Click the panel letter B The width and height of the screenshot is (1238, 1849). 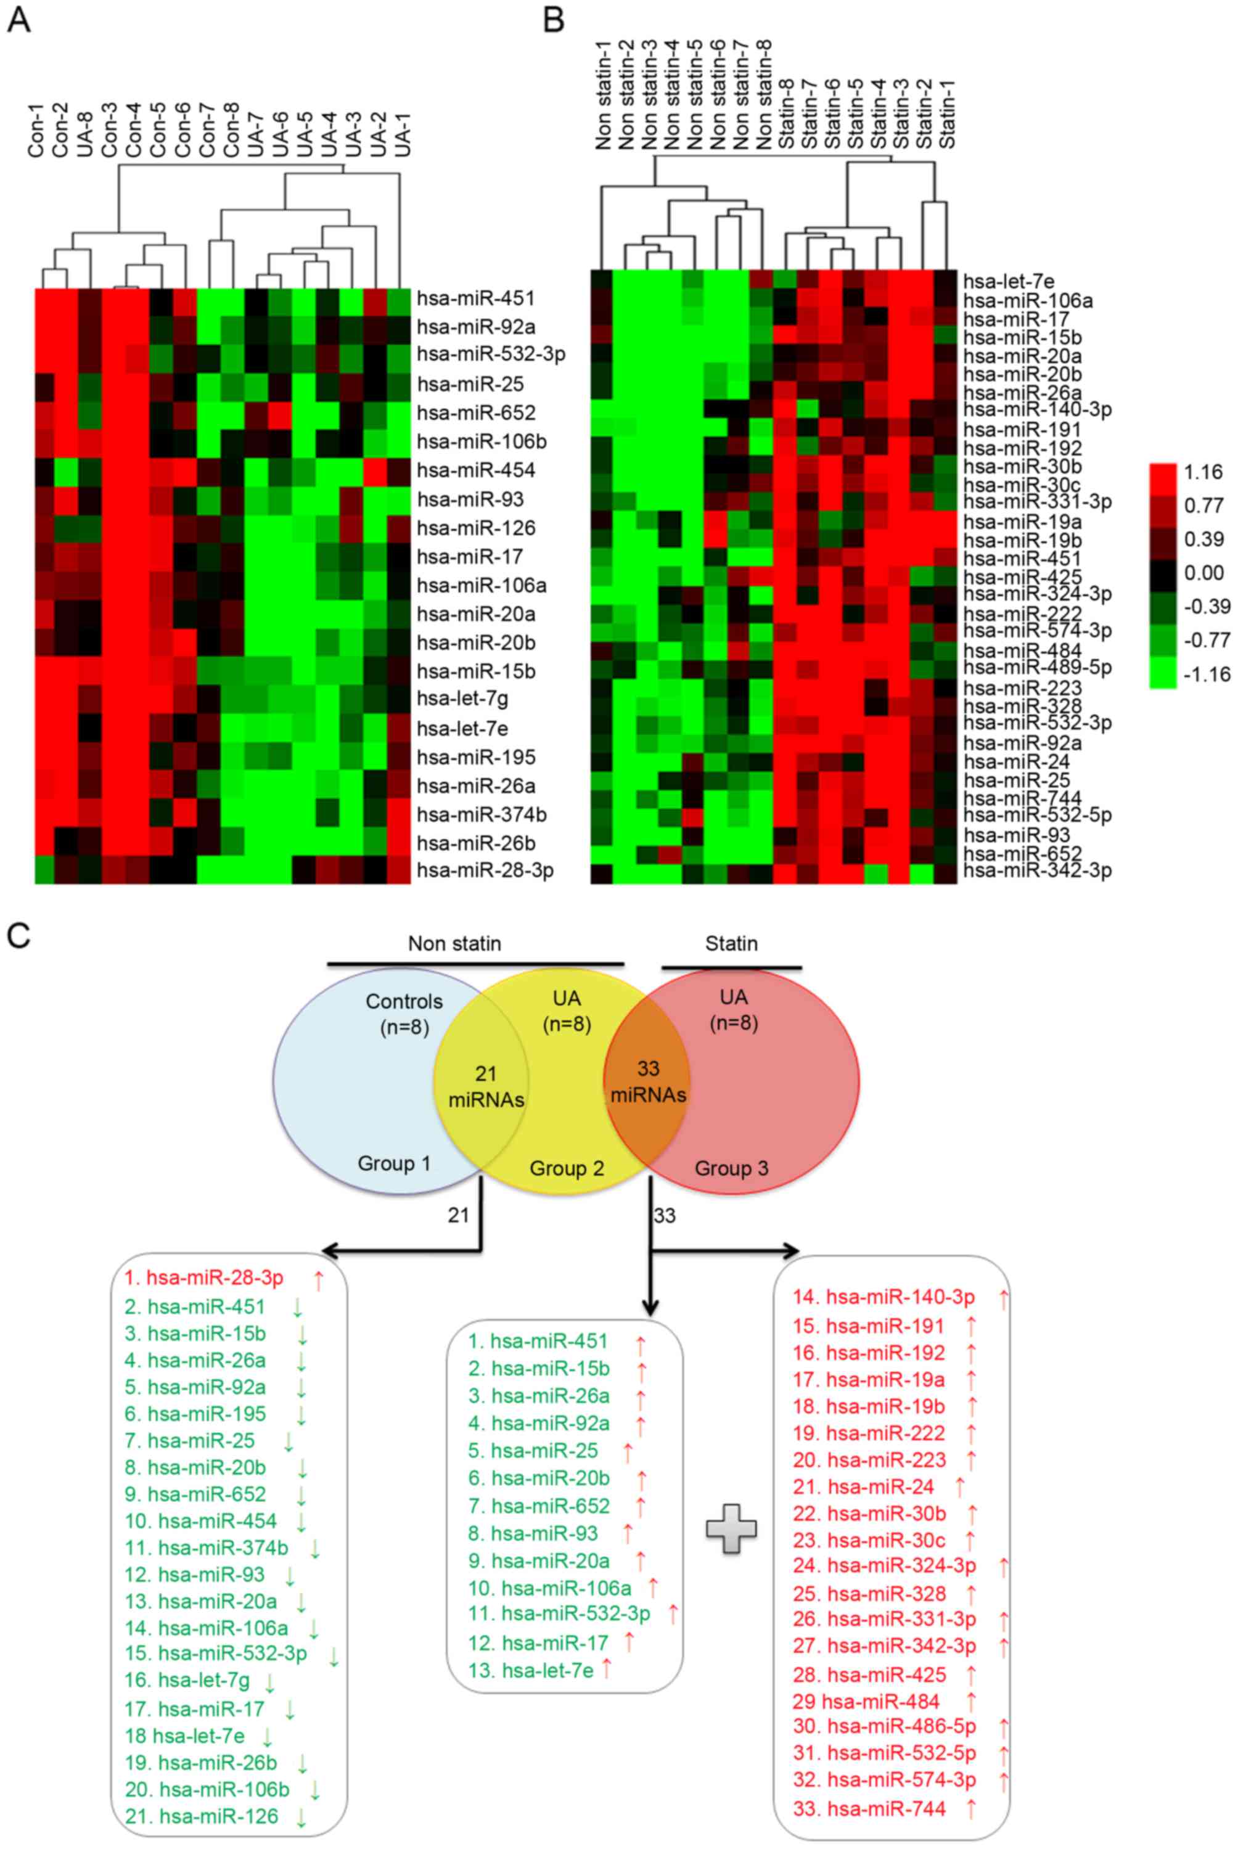tap(554, 20)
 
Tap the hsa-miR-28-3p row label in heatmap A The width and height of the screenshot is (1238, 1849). tap(485, 870)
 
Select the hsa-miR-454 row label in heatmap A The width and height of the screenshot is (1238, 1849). tap(475, 470)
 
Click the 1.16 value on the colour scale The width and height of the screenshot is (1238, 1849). tap(1202, 472)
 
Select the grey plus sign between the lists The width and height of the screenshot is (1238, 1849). tap(731, 1528)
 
